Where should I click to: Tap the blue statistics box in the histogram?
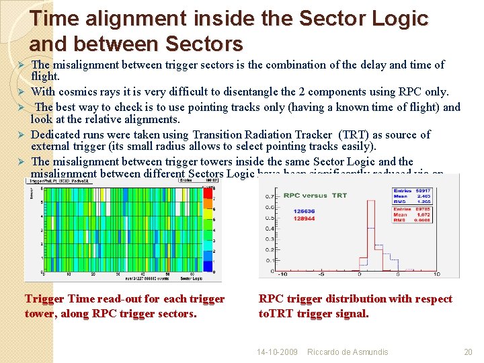412,196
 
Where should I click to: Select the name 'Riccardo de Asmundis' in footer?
348,352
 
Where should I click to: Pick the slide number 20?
468,352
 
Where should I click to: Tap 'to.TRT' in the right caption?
276,313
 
